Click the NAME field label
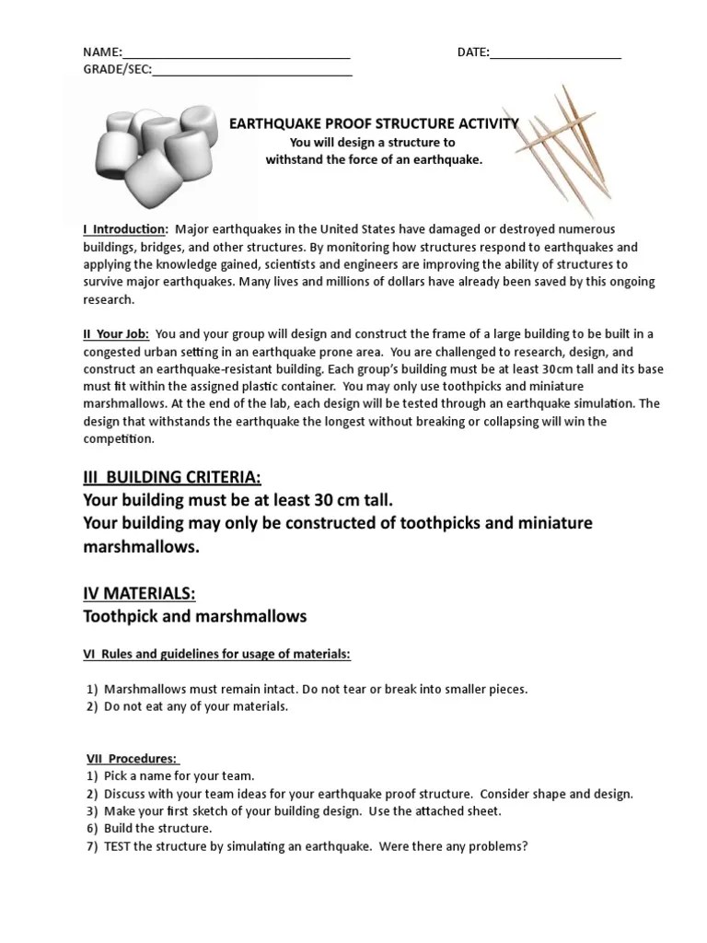click(x=102, y=52)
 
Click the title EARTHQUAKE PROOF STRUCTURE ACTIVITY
click(x=374, y=123)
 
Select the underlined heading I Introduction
click(x=125, y=228)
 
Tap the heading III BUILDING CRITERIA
click(x=172, y=477)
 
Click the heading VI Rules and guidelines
click(x=217, y=654)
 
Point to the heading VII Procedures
click(x=133, y=759)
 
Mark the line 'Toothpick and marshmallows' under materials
click(x=194, y=615)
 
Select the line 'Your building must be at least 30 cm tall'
click(x=238, y=500)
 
